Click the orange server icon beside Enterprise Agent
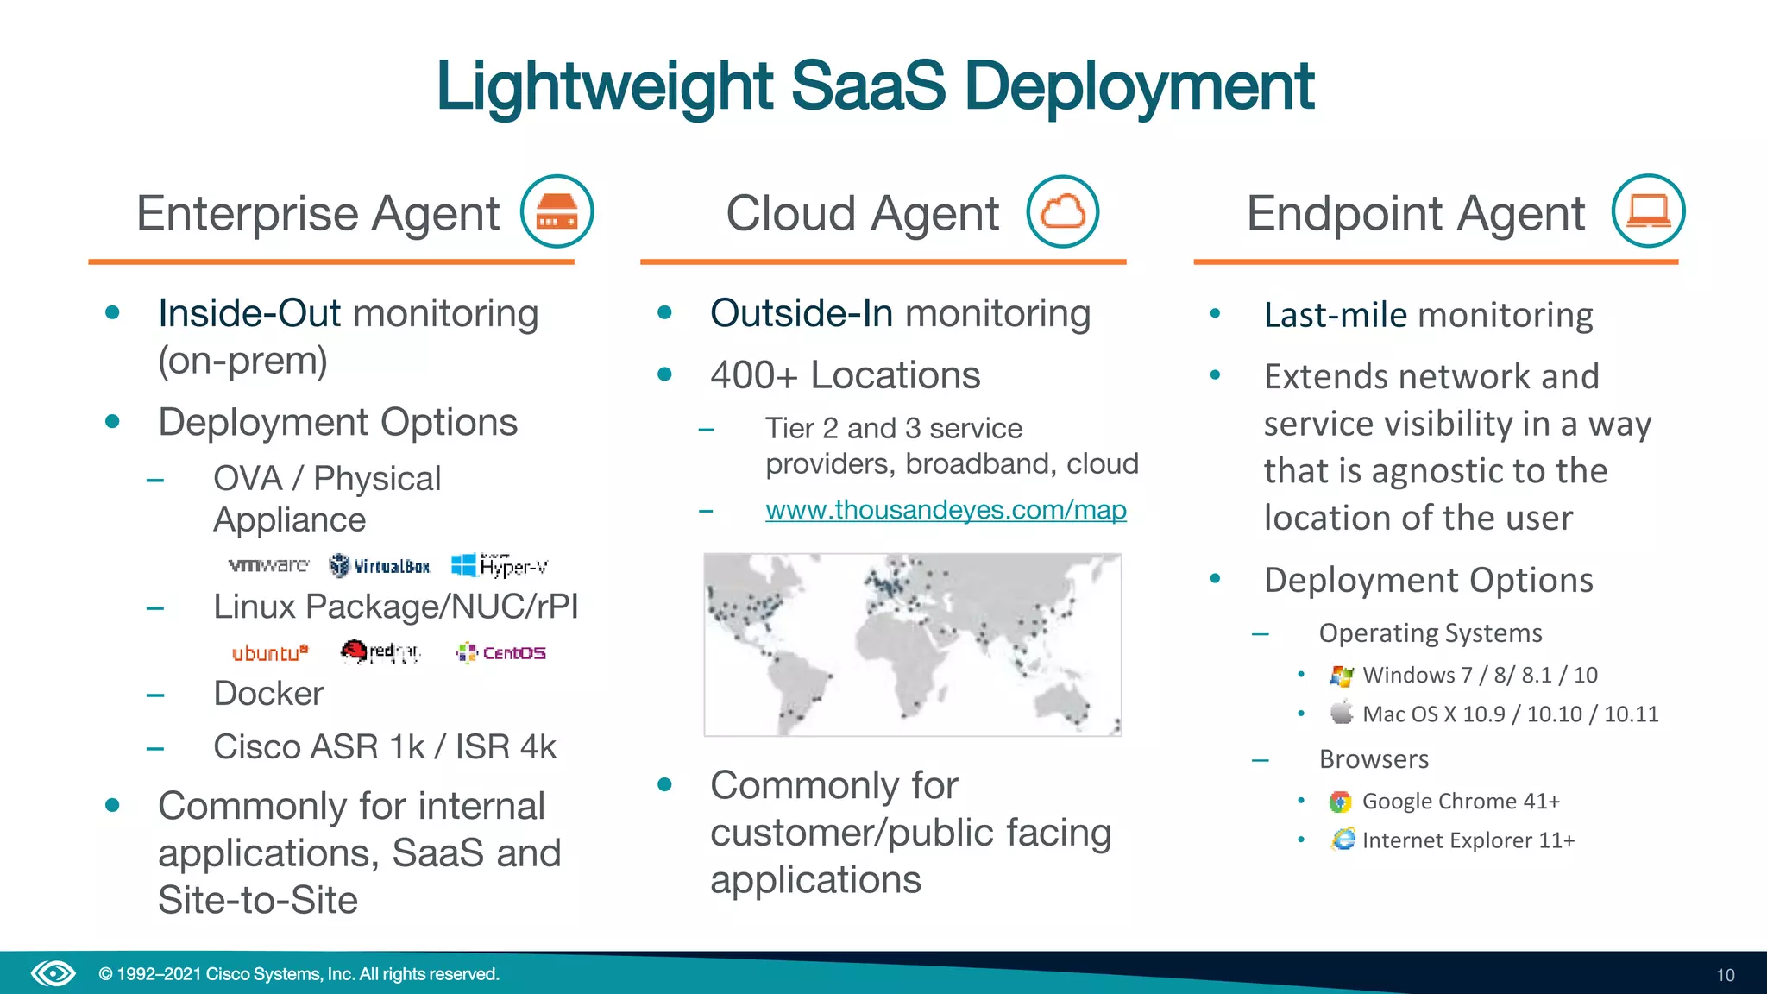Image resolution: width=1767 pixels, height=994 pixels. pos(557,211)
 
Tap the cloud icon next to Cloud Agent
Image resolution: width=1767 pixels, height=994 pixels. pos(1062,211)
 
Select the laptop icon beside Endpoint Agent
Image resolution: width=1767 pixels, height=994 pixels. pos(1648,211)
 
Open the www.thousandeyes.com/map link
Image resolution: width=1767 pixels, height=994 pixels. pos(946,510)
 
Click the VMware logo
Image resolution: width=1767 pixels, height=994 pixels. pos(268,565)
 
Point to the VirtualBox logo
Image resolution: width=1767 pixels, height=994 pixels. pos(380,566)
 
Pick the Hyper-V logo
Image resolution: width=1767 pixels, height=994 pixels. pos(500,565)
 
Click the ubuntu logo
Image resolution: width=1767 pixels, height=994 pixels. pos(269,653)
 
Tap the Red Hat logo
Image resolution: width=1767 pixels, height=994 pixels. pos(380,652)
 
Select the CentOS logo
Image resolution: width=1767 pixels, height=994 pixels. pos(501,653)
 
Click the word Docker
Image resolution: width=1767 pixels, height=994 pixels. pos(268,694)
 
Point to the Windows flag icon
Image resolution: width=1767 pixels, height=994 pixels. pos(1341,676)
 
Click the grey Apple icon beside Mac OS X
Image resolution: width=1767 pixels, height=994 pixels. pos(1341,714)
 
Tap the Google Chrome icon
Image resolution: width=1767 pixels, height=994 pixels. pos(1340,802)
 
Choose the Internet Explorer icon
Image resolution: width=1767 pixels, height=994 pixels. pos(1343,840)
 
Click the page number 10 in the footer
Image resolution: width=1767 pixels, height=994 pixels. pos(1725,975)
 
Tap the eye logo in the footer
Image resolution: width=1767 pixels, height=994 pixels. pos(53,974)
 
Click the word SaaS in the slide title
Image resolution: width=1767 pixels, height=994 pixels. pos(867,86)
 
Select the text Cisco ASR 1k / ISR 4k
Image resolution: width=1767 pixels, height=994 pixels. pos(385,747)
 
